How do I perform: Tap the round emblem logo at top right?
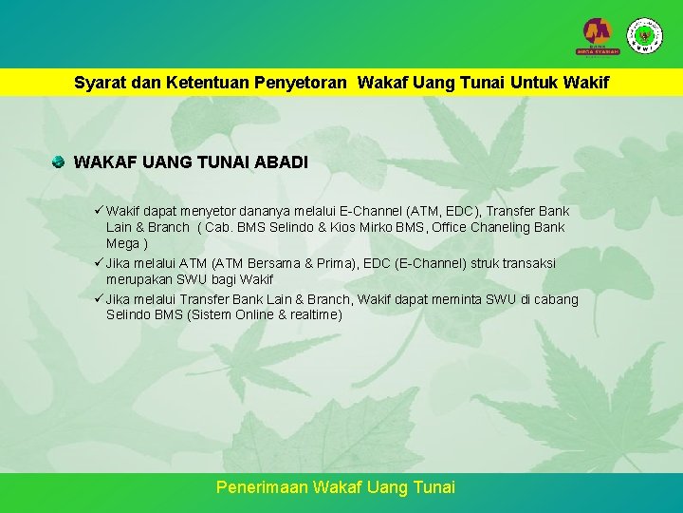click(x=646, y=34)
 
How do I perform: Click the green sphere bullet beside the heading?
click(x=59, y=162)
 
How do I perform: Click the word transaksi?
click(x=526, y=263)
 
